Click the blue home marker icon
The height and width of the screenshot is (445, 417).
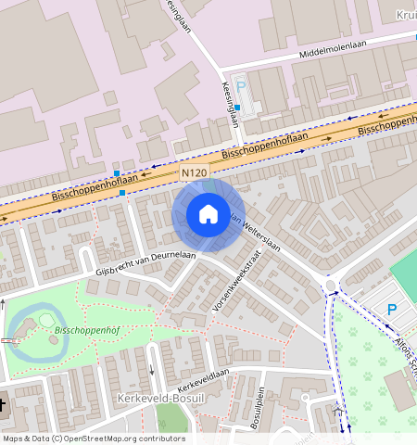coord(208,215)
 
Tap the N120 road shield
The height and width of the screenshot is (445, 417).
coord(194,173)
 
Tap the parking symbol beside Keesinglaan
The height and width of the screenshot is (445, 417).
coord(241,86)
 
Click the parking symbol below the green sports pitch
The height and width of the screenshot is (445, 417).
coord(392,309)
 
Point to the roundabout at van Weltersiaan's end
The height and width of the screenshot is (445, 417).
coord(330,284)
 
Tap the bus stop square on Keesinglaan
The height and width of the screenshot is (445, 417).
coord(237,108)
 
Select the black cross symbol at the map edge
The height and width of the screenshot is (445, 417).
coord(3,404)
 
